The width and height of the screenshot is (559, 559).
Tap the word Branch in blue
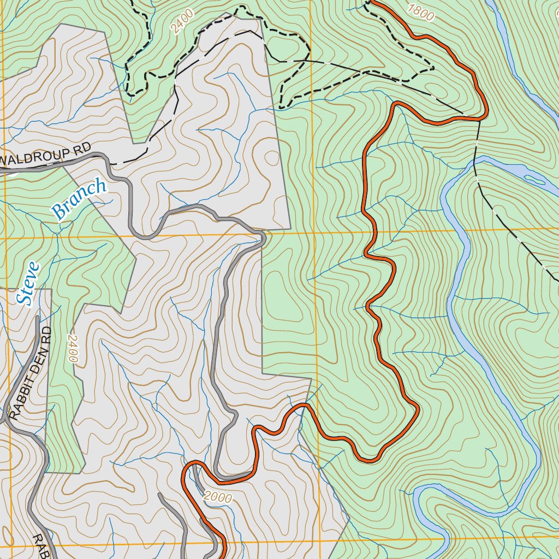pos(80,199)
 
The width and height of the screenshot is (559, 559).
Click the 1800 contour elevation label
pos(421,12)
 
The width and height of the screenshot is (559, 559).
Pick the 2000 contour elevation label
pos(217,497)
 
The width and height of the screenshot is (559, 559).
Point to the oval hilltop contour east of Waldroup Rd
pos(271,158)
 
